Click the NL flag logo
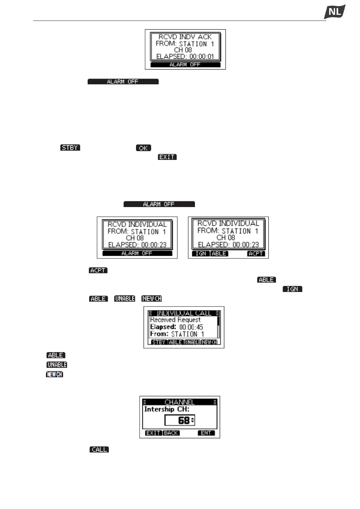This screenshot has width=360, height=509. pyautogui.click(x=335, y=12)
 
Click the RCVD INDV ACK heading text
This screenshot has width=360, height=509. pyautogui.click(x=185, y=37)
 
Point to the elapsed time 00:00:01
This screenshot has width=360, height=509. pyautogui.click(x=202, y=57)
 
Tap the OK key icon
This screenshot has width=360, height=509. pyautogui.click(x=143, y=148)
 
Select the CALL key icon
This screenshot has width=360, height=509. pyautogui.click(x=99, y=449)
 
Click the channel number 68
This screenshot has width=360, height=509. pyautogui.click(x=183, y=420)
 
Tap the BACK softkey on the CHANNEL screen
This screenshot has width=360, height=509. pyautogui.click(x=171, y=433)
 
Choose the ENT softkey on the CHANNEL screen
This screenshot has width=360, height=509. pyautogui.click(x=206, y=433)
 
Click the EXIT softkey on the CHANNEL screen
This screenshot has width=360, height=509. pyautogui.click(x=154, y=433)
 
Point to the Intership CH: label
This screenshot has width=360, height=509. pyautogui.click(x=167, y=409)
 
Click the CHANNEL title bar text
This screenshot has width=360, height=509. pyautogui.click(x=180, y=402)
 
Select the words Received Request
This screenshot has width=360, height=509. pyautogui.click(x=175, y=320)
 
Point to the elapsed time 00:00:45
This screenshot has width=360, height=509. pyautogui.click(x=191, y=327)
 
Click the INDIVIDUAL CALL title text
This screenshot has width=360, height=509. pyautogui.click(x=184, y=313)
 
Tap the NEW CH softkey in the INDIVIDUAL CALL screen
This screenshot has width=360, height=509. pyautogui.click(x=209, y=342)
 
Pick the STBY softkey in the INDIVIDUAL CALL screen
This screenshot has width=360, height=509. pyautogui.click(x=159, y=342)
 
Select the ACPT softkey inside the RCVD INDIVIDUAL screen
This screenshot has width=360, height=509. pyautogui.click(x=256, y=254)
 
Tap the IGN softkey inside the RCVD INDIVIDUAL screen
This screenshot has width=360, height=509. pyautogui.click(x=201, y=254)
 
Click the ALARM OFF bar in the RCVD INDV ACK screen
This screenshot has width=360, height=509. pyautogui.click(x=185, y=65)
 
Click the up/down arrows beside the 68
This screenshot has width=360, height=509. pyautogui.click(x=193, y=420)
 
